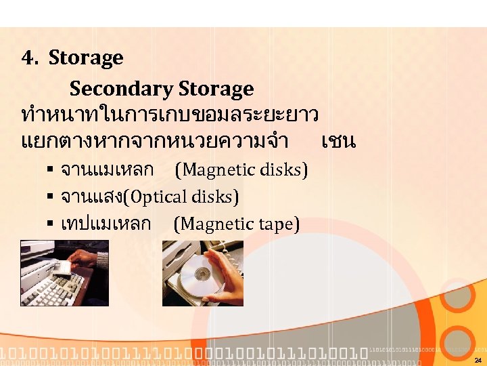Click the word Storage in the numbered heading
click(x=86, y=58)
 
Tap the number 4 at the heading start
click(x=28, y=58)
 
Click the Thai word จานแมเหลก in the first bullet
click(x=107, y=169)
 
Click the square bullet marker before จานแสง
click(x=51, y=197)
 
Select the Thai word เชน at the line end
click(x=339, y=142)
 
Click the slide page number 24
click(x=478, y=360)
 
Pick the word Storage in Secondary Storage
click(x=216, y=89)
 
